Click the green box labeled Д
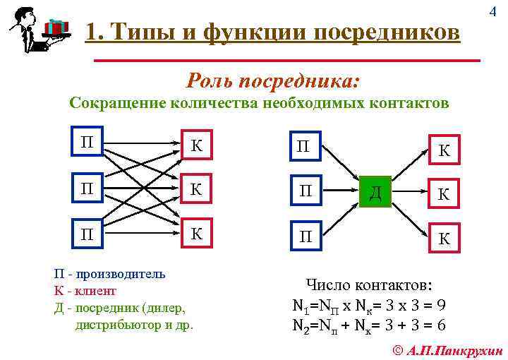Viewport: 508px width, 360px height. pos(375,191)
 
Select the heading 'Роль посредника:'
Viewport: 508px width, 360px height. pos(273,80)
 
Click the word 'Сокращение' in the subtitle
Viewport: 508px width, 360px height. pos(116,104)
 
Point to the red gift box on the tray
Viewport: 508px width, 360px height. pos(56,27)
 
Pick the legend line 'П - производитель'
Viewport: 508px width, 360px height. pos(109,274)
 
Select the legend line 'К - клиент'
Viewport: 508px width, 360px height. pos(85,290)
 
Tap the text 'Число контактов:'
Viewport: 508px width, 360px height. pos(370,285)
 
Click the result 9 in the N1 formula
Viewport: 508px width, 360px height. pos(440,306)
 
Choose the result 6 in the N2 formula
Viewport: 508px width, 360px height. pos(440,325)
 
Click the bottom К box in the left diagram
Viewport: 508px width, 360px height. pos(197,234)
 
